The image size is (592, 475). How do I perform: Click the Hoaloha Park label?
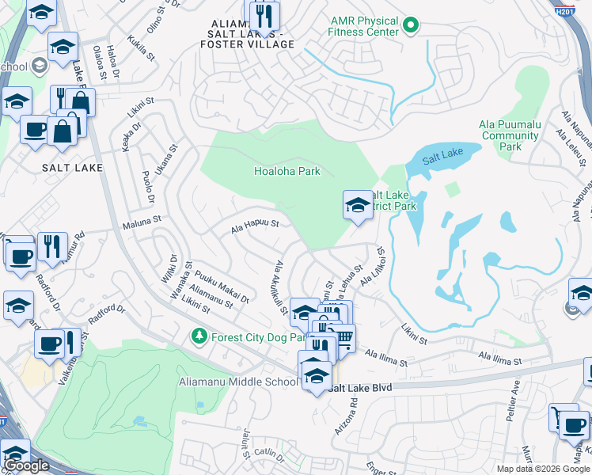tap(287, 171)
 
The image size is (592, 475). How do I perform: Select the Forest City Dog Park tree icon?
tap(199, 336)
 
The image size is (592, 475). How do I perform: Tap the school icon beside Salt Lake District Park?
tap(358, 205)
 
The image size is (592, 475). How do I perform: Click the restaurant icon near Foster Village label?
tap(264, 15)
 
